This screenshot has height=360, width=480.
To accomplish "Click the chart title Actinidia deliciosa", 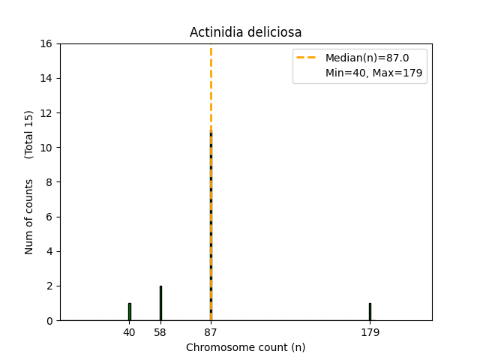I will pos(245,32).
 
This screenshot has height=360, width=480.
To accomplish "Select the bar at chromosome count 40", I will pos(129,311).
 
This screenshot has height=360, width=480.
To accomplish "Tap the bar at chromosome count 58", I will pos(160,303).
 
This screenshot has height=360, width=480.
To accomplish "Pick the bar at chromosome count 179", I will pos(370,311).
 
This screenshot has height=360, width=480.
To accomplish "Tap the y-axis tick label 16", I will pos(46,43).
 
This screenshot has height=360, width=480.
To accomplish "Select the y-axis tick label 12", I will pos(46,113).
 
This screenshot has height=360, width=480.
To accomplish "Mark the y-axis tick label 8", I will pos(49,182).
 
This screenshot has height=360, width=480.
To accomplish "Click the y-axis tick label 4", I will pos(49,251).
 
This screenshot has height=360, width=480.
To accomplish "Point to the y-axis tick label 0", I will pos(49,320).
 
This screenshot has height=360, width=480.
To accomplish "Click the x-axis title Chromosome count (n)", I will pos(245,347).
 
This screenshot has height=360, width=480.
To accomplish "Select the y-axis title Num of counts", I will pos(29,217).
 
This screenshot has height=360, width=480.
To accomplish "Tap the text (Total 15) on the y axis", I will pos(29,134).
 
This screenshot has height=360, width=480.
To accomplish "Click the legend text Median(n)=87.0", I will pos(367,58).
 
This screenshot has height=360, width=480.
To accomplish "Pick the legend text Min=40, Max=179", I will pos(373,73).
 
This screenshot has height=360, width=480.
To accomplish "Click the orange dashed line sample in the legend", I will pos(308,58).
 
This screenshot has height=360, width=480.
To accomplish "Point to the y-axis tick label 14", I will pos(46,78).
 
